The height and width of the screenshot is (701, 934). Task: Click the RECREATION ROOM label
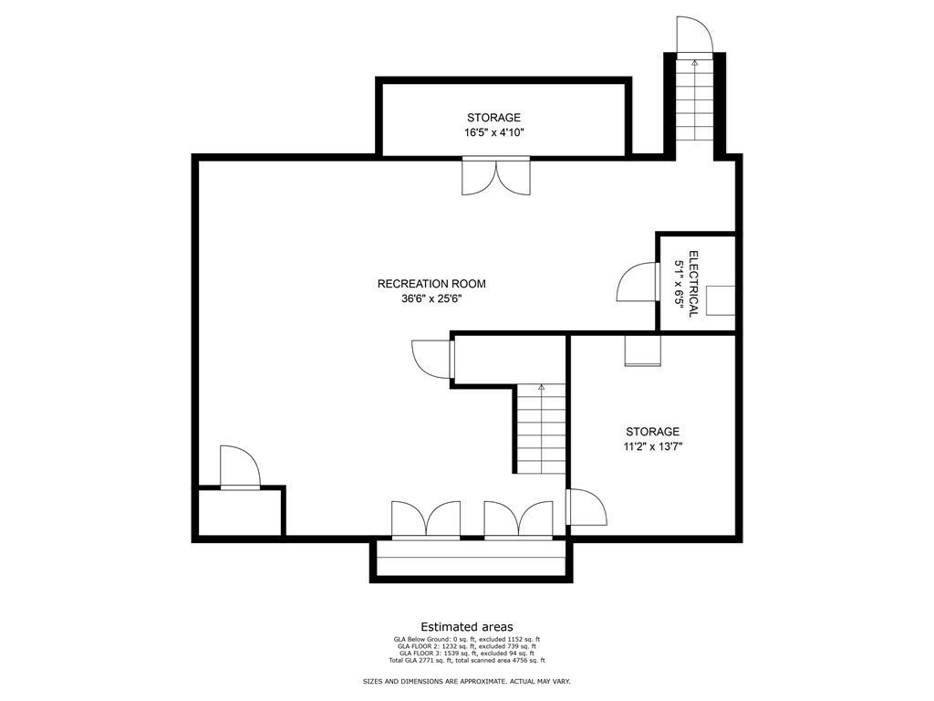pos(431,284)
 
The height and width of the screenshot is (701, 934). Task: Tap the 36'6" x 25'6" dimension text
pos(431,298)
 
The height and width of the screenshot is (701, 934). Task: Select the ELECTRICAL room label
pos(693,284)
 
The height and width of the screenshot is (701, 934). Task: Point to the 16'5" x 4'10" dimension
pos(493,132)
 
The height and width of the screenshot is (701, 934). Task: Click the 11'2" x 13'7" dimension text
pos(653,446)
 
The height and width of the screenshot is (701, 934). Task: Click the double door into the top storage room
pos(495,176)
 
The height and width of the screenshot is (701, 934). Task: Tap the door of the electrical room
pos(638,282)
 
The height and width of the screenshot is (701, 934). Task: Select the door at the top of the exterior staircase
pos(694,36)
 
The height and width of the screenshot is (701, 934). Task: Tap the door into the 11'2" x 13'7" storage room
pos(586,507)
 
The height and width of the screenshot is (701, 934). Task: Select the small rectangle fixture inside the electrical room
pos(721,300)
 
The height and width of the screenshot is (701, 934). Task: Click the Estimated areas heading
pos(467,627)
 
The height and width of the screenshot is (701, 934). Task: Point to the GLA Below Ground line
pos(467,640)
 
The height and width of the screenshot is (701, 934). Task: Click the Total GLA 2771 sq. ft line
pos(467,661)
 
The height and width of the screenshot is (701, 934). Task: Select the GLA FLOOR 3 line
pos(467,654)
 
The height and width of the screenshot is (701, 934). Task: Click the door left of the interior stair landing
pos(432,360)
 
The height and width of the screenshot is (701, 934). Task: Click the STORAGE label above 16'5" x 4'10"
pos(493,118)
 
